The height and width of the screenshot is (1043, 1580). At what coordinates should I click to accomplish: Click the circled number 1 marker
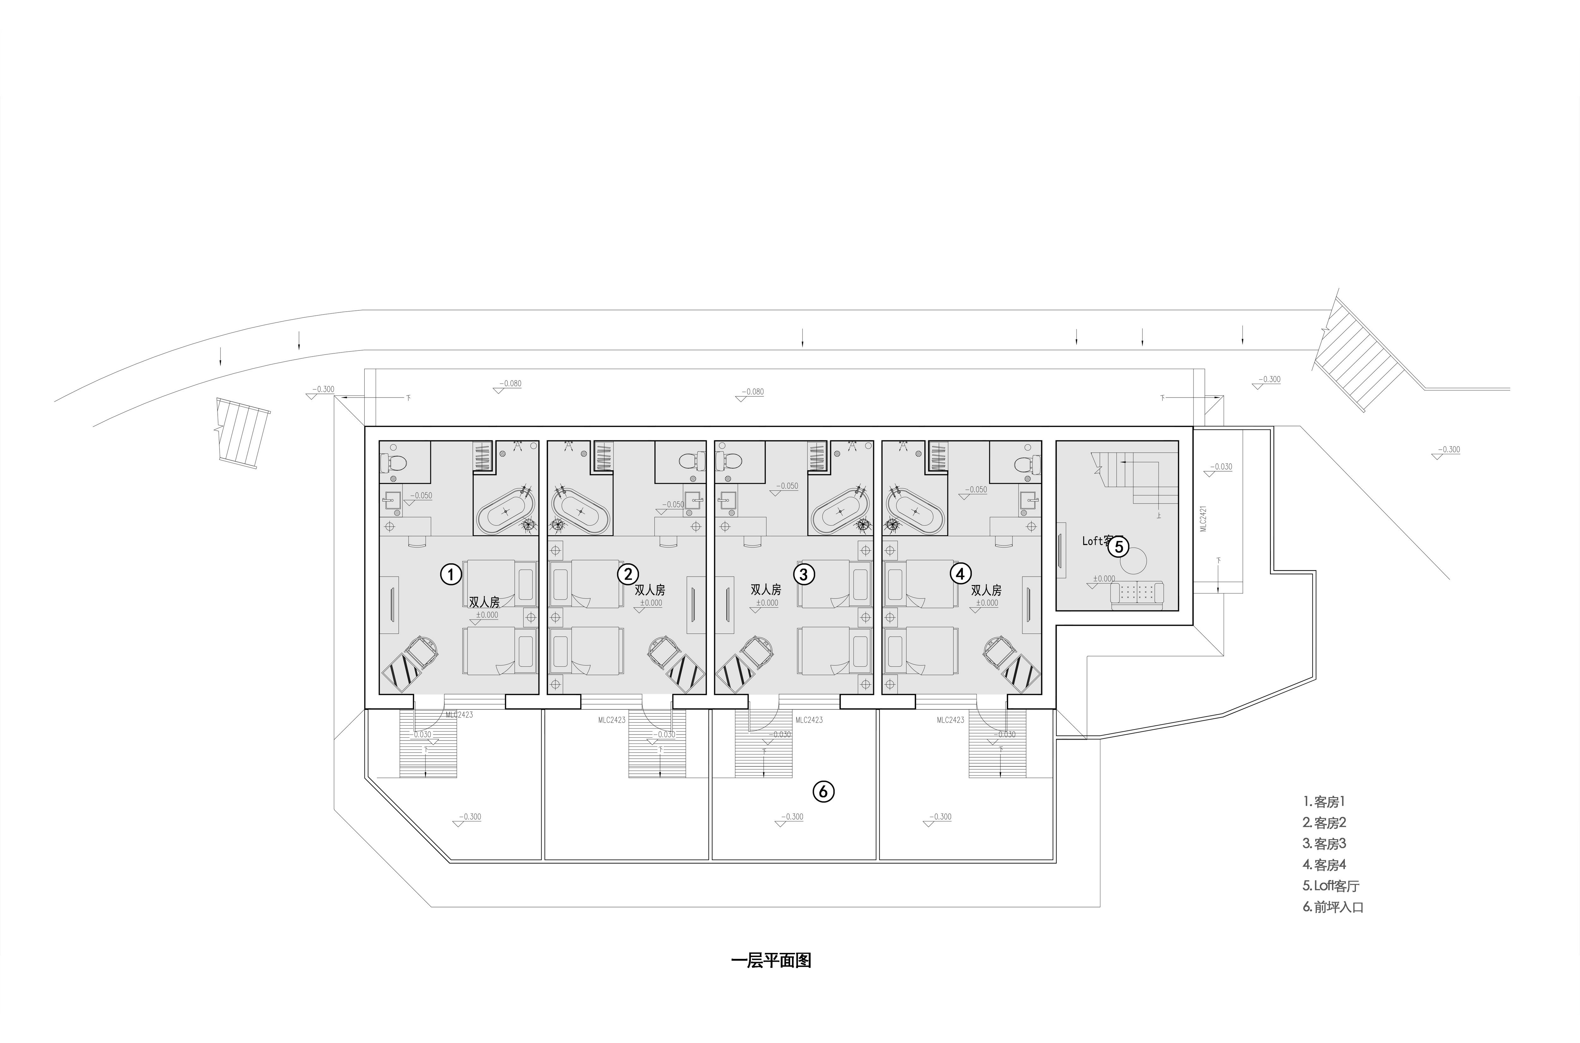(x=451, y=574)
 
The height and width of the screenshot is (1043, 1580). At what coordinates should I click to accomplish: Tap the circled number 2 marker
(x=628, y=573)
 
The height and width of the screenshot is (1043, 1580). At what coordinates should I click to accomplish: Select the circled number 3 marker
(x=804, y=573)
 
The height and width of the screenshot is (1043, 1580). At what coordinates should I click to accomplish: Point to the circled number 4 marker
(x=960, y=573)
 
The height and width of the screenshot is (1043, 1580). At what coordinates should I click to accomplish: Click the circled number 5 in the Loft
(x=1119, y=546)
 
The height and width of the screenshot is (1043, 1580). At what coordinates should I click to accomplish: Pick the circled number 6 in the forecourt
(x=823, y=791)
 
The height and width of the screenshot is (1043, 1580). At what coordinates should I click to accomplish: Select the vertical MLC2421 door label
(x=1203, y=519)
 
